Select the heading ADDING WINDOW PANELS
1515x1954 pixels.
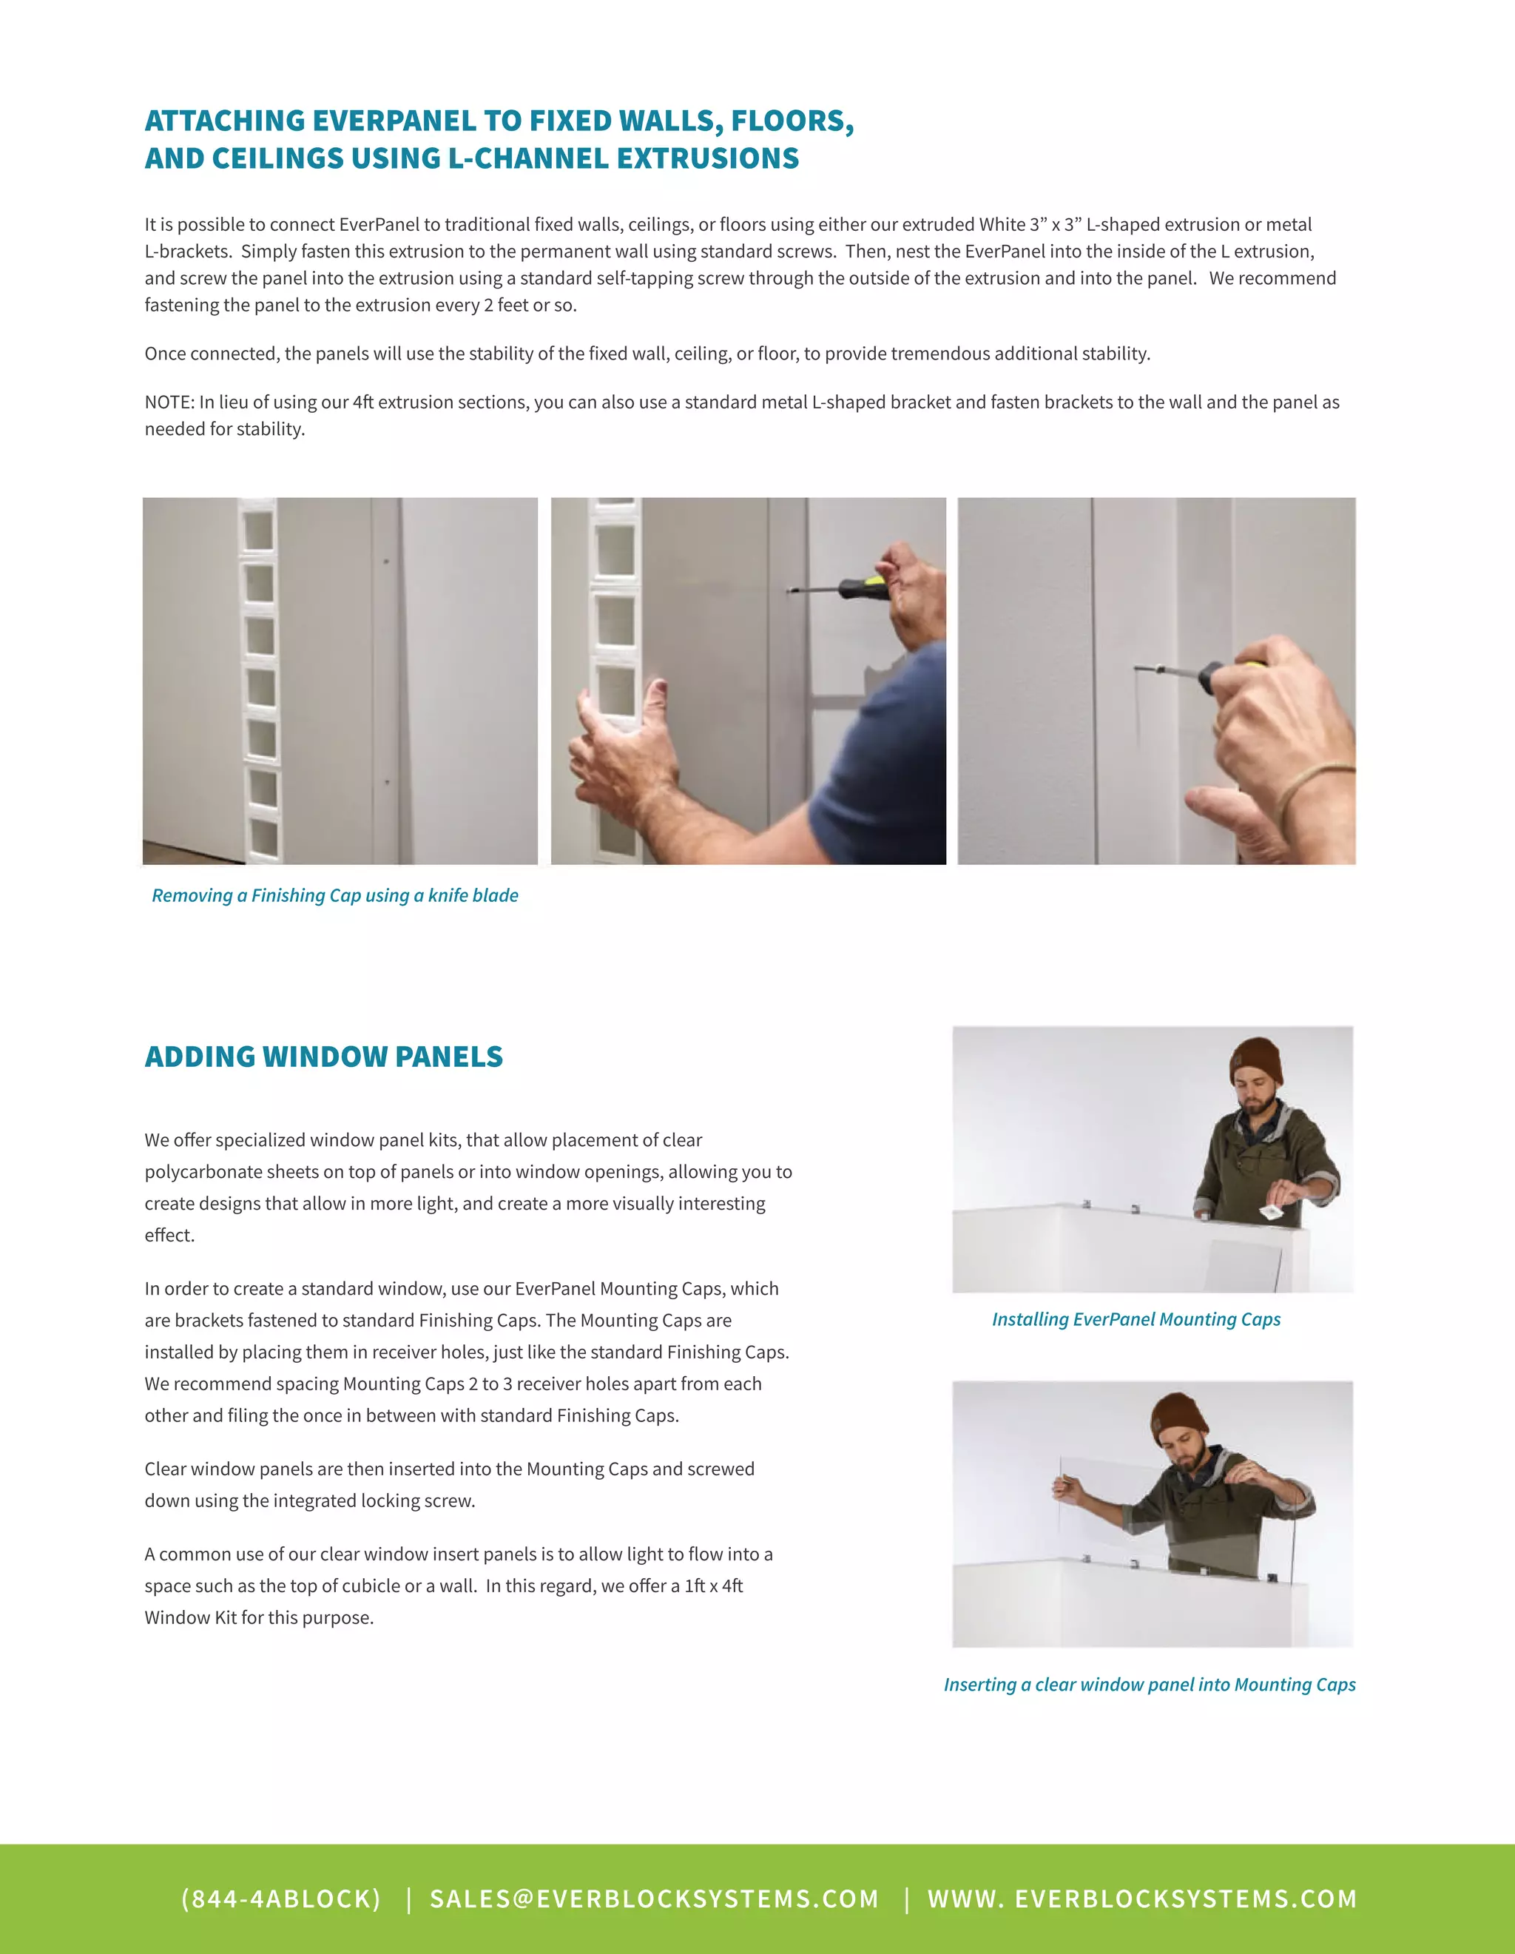coord(324,1057)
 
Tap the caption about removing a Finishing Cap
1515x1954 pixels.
coord(334,895)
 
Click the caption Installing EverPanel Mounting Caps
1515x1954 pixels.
coord(1136,1320)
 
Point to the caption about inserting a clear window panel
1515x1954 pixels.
coord(1150,1685)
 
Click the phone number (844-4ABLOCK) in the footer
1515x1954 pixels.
coord(281,1899)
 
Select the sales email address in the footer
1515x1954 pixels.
coord(654,1899)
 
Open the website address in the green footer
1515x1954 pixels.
coord(1142,1899)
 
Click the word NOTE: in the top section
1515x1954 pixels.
coord(169,402)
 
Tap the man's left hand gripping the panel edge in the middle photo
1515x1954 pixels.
coord(617,724)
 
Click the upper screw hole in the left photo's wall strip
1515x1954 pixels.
coord(385,562)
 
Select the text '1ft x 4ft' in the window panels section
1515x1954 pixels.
coord(713,1586)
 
